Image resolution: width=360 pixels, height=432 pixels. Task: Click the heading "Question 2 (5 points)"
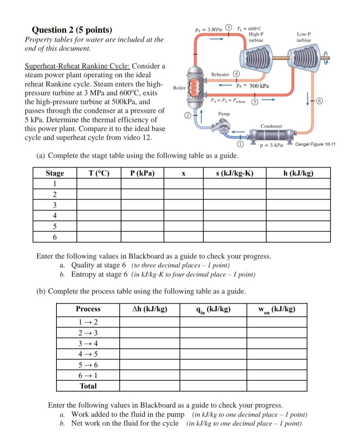(72, 30)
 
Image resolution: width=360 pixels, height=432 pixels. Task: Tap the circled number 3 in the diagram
(229, 27)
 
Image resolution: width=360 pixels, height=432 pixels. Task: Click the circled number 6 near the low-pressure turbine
(320, 101)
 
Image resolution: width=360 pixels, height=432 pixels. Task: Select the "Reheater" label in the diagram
(220, 74)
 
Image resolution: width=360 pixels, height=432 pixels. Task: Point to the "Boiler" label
(179, 88)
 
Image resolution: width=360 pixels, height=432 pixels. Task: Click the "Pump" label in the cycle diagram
(224, 114)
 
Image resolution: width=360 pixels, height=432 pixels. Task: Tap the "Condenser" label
(271, 126)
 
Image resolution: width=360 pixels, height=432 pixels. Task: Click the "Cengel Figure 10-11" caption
(315, 144)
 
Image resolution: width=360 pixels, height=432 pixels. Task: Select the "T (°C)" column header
(99, 173)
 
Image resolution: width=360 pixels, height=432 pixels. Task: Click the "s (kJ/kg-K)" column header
(235, 173)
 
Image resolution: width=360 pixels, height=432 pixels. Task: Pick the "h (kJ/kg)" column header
(298, 173)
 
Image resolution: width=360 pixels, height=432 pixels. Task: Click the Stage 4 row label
(55, 215)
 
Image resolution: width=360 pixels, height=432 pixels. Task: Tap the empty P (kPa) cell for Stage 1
(142, 184)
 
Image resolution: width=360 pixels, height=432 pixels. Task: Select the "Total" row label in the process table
(88, 386)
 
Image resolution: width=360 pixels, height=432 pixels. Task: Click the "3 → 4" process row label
(88, 343)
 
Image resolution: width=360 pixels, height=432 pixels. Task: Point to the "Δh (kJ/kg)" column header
(150, 309)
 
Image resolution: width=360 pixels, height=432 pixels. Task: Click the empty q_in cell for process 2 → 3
(213, 333)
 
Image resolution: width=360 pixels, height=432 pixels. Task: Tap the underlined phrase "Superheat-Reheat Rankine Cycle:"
(78, 66)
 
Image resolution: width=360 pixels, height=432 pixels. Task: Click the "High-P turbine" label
(256, 37)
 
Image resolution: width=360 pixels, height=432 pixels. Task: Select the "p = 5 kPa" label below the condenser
(271, 145)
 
